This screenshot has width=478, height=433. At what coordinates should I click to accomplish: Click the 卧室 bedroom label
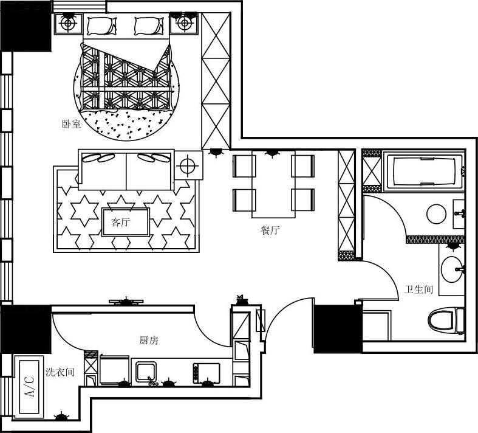tap(71, 124)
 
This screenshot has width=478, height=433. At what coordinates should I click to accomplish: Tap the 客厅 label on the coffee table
tap(120, 222)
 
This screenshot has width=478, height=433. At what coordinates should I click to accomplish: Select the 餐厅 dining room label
tap(270, 230)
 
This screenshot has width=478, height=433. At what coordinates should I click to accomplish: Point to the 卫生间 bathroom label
tap(418, 289)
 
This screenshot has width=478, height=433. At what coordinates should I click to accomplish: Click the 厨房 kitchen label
tap(149, 340)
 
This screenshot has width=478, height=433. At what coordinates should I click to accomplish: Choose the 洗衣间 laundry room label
tap(60, 372)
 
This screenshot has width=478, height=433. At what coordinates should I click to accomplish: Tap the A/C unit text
tap(30, 386)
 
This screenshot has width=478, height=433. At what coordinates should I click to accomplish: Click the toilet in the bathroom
tap(446, 320)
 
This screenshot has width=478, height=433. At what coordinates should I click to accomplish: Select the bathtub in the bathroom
tap(425, 171)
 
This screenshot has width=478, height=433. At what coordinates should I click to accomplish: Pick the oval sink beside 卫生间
tap(451, 269)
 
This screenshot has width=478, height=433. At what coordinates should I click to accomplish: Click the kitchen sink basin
tap(146, 372)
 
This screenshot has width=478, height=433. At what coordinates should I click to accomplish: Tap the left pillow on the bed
tap(102, 26)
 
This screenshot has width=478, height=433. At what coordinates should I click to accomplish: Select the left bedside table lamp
tap(67, 23)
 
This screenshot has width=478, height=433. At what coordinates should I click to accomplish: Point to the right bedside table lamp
tap(184, 23)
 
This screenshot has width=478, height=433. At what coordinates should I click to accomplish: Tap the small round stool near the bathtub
tap(436, 214)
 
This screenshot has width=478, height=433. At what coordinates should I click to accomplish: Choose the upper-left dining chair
tap(244, 166)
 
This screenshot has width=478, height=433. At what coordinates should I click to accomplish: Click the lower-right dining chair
tap(302, 200)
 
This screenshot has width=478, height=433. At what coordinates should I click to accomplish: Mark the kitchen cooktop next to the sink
tap(207, 373)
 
